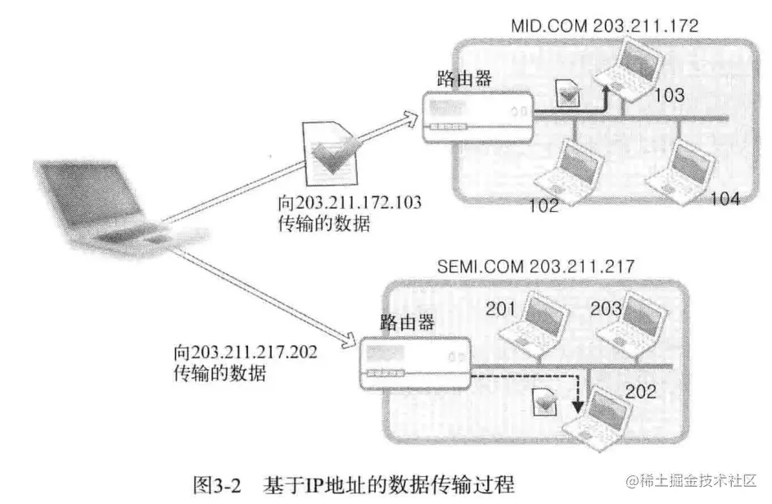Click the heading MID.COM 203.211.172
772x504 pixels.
[x=604, y=25]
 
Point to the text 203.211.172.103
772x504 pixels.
[x=359, y=203]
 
